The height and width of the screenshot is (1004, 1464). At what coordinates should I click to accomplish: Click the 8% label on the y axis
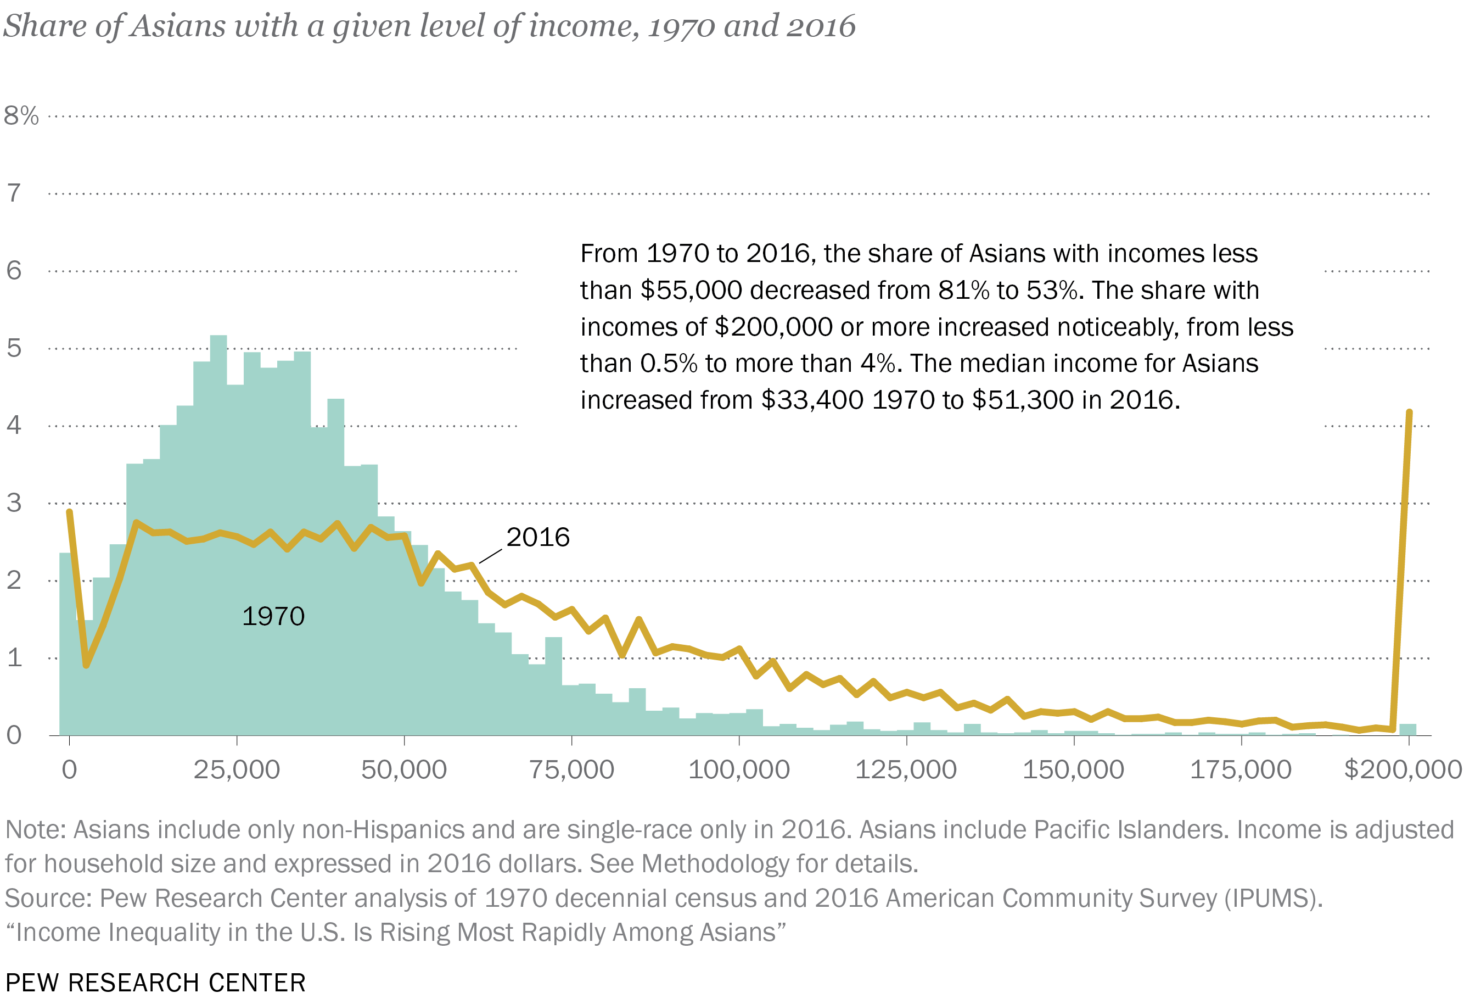tap(21, 115)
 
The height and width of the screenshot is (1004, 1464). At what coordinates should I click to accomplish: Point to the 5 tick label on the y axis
tap(14, 348)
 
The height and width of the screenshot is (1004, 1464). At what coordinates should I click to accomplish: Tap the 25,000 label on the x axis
tap(236, 769)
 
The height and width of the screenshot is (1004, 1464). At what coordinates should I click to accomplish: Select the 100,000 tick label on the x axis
tap(738, 769)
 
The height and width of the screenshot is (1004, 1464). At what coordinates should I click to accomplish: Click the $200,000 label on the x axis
tap(1403, 769)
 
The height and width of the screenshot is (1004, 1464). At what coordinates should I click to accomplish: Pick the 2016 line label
tap(537, 537)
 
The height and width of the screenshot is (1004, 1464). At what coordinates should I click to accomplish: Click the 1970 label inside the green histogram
tap(273, 616)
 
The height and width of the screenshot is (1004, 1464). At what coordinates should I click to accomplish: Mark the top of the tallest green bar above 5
tap(218, 337)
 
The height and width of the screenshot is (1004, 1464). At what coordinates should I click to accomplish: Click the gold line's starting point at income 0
tap(69, 512)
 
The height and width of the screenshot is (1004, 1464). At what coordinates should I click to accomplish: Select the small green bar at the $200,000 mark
tap(1407, 729)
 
